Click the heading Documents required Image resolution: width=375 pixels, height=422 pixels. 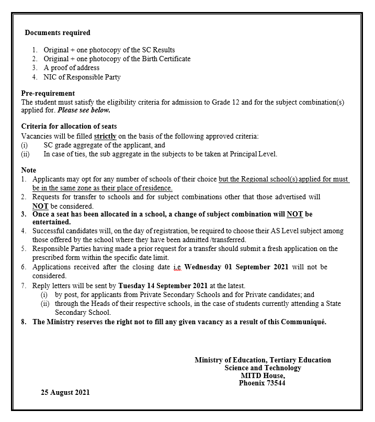click(58, 32)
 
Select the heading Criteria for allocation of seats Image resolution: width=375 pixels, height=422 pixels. click(69, 127)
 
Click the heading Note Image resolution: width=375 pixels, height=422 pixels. click(29, 170)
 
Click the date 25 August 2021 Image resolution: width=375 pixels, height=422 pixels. click(65, 392)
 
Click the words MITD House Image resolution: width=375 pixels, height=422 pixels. click(263, 375)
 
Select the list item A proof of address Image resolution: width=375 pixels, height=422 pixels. click(71, 68)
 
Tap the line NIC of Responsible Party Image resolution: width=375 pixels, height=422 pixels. click(82, 77)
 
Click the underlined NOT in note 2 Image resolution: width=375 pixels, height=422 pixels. click(40, 206)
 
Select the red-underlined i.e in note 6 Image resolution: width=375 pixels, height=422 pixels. click(178, 267)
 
